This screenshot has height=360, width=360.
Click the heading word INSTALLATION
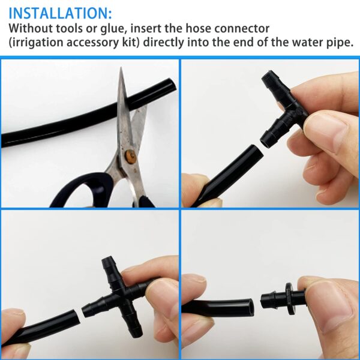tap(58, 13)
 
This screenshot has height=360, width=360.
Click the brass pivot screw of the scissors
tap(131, 156)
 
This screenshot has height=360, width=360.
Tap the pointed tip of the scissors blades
tap(121, 68)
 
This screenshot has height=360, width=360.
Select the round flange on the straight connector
tap(290, 299)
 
